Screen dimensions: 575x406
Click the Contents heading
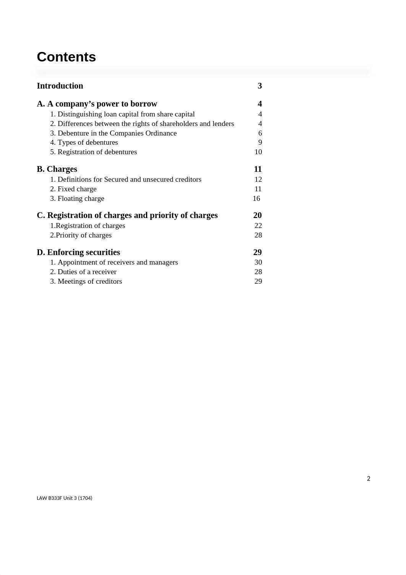coord(66,57)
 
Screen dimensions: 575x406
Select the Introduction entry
coord(60,86)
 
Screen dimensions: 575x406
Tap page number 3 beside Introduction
coord(260,86)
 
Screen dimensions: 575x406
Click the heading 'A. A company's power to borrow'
coord(97,104)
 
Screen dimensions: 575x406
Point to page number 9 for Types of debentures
coord(260,142)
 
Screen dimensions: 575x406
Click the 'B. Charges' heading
coord(57,169)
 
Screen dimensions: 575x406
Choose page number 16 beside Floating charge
coord(257,199)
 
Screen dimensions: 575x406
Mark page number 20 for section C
coord(258,215)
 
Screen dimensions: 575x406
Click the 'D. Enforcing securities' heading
coord(78,252)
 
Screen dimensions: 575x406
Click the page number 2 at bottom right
coord(369,479)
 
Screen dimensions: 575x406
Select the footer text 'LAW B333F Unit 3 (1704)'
coord(64,498)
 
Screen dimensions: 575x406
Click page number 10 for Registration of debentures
coord(258,152)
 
